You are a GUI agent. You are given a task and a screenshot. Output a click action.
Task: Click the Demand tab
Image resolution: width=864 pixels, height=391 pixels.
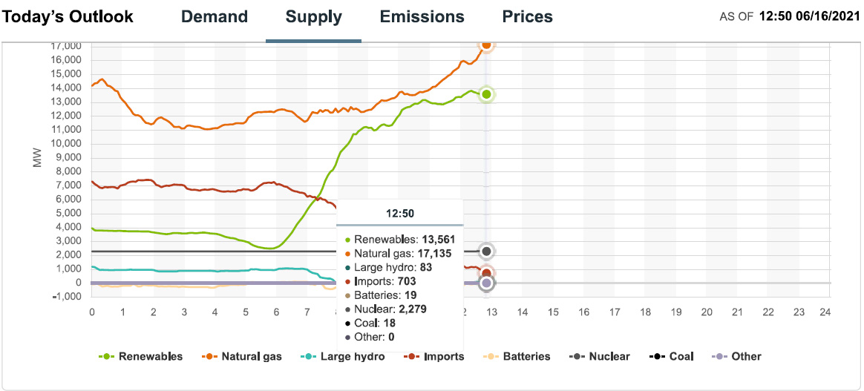coord(215,17)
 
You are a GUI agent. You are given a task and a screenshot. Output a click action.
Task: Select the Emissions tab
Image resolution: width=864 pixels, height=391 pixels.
coord(422,17)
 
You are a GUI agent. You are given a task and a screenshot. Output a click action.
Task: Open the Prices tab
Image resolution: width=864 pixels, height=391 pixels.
coord(527,17)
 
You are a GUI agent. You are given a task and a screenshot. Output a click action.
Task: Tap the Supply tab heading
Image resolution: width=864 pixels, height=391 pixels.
coord(314,17)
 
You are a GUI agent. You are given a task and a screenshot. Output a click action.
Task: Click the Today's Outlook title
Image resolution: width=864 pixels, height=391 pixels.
coord(68,17)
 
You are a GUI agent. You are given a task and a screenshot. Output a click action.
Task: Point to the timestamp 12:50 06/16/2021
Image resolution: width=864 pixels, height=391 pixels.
coord(808,16)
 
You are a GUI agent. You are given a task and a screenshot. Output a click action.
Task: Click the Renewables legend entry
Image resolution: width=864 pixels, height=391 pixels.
coord(149,356)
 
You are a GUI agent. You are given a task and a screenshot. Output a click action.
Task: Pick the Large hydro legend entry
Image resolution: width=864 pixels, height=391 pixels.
coord(350,356)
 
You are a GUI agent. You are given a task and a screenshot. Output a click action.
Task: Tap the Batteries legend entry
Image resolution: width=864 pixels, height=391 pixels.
coord(526,356)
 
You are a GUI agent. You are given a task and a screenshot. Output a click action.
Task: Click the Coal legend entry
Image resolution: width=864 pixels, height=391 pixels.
coord(680,356)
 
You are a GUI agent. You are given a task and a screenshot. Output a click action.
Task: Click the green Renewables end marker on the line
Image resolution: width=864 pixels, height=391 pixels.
coord(486,94)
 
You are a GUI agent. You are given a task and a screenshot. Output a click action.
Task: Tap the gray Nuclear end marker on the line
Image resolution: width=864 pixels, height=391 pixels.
coord(486,252)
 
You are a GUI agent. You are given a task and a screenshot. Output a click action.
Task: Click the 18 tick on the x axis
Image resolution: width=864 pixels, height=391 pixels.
coord(645,312)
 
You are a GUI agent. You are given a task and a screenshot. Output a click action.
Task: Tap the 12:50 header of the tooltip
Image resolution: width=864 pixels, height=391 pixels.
coord(400,214)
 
